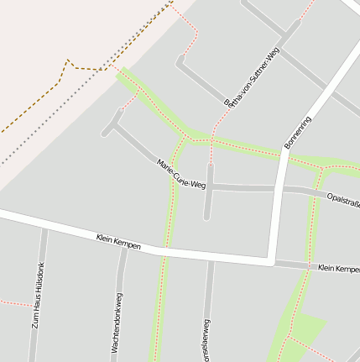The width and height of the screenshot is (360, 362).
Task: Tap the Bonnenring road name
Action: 298,132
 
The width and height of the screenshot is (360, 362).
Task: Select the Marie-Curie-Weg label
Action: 180,172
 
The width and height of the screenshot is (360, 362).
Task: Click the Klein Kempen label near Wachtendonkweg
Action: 117,243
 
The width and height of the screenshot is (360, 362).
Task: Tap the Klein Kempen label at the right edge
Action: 338,269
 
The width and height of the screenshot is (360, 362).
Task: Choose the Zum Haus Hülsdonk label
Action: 38,295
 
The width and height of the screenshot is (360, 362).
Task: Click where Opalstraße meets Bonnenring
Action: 280,189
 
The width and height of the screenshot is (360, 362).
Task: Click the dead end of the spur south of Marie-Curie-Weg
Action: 206,218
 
